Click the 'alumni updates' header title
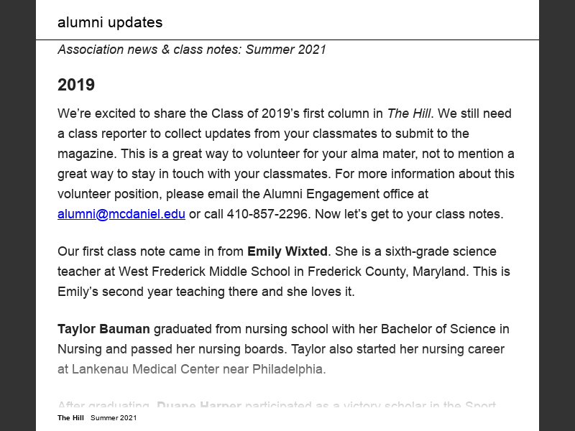click(110, 22)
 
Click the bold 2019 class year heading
click(76, 85)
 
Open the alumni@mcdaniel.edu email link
click(121, 214)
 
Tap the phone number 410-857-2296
click(268, 214)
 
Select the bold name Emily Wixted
click(287, 251)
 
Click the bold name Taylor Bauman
click(103, 329)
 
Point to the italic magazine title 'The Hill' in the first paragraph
click(408, 113)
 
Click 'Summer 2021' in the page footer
click(114, 418)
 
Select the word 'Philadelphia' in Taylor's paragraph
click(288, 369)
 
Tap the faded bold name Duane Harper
click(199, 407)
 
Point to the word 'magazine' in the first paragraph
click(85, 154)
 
